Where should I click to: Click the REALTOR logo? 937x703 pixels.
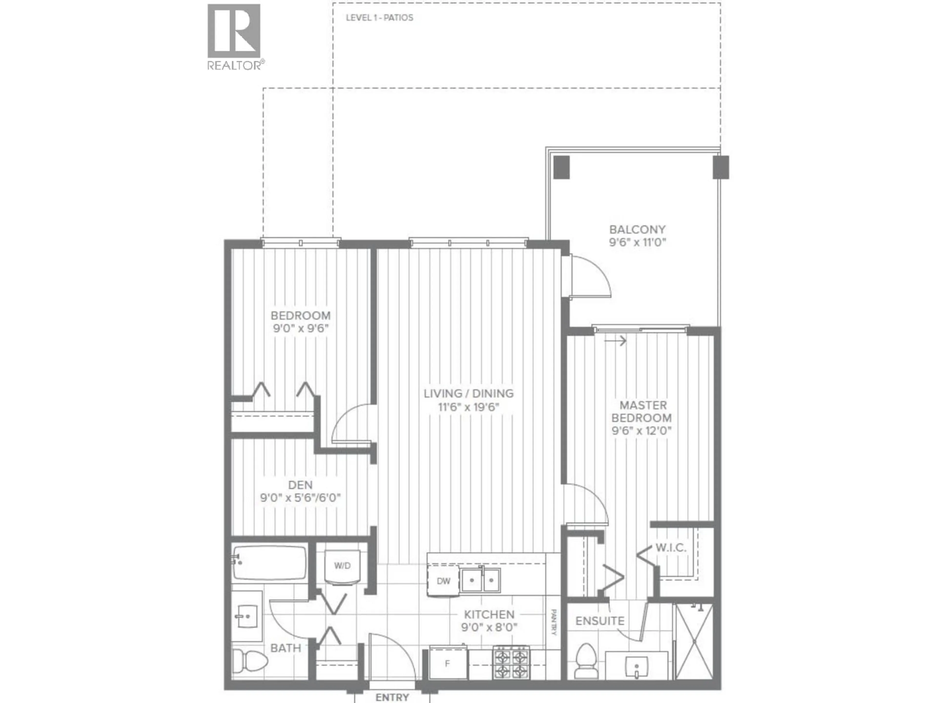(234, 36)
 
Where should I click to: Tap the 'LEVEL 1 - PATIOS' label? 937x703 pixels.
(379, 18)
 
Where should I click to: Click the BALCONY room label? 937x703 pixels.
(637, 230)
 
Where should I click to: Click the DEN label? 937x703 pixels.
(300, 485)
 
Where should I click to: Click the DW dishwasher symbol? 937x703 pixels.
(443, 581)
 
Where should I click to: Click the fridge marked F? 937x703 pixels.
(447, 664)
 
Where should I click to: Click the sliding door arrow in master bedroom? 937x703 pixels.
(615, 340)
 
